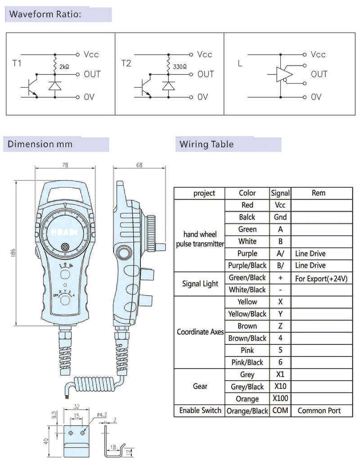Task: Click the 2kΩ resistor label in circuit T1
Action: (64, 67)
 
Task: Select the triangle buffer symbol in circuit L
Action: (284, 74)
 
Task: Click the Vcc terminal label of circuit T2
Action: (205, 54)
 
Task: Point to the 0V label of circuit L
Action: (316, 97)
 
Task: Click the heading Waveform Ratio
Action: (45, 14)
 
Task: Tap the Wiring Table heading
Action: (207, 144)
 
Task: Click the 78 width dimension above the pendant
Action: (65, 165)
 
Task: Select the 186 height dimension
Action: (13, 255)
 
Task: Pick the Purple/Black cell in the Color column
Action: (247, 266)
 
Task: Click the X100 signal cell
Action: (280, 398)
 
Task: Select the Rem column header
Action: (318, 193)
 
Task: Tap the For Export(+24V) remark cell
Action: (321, 279)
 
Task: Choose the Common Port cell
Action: (319, 410)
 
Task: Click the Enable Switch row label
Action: (200, 410)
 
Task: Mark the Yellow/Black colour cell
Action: (247, 314)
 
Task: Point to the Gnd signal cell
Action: (280, 217)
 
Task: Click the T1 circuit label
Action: (17, 63)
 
